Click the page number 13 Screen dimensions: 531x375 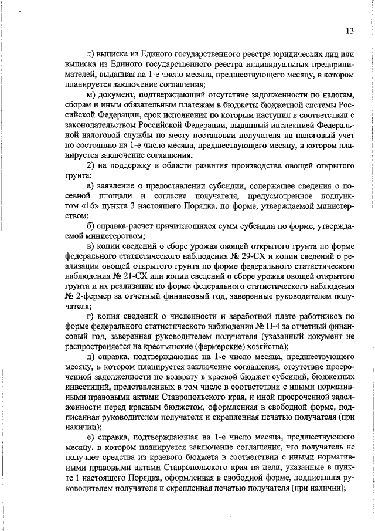[x=349, y=31]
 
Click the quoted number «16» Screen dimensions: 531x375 [x=76, y=207]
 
